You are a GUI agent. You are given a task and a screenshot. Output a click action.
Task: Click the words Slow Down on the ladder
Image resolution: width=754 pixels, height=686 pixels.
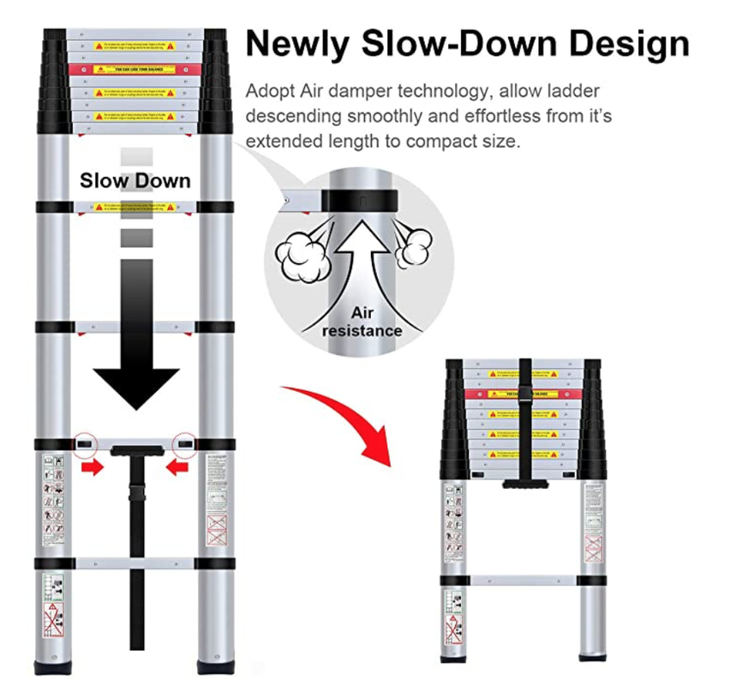[x=135, y=181]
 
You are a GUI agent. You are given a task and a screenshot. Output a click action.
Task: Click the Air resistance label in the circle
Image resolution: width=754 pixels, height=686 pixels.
[x=362, y=322]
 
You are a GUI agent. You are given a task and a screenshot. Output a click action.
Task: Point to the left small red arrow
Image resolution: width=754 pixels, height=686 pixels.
[x=92, y=467]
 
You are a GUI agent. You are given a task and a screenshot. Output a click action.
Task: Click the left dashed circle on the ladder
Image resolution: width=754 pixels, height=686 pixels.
[x=85, y=444]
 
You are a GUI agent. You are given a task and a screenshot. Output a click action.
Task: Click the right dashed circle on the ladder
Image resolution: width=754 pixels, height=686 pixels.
[x=184, y=444]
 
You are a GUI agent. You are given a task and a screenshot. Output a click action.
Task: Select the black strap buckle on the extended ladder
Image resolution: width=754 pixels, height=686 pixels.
[x=136, y=496]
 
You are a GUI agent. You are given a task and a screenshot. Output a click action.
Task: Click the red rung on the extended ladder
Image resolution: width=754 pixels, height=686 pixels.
[x=135, y=69]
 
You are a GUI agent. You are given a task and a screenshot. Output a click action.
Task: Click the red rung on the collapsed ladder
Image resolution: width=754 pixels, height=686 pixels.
[x=522, y=394]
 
